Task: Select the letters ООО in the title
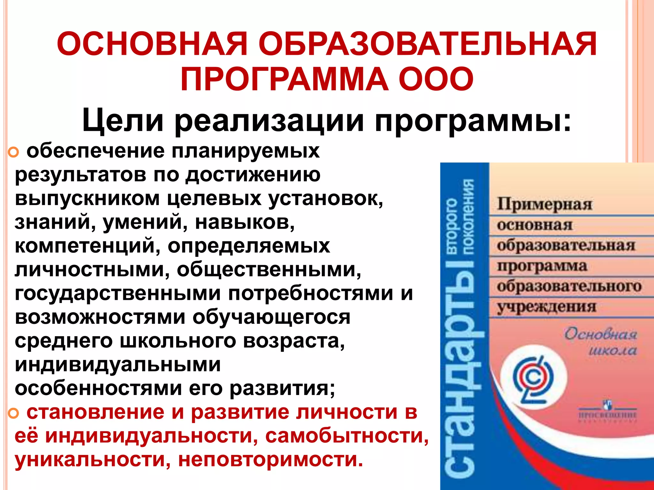tap(436, 79)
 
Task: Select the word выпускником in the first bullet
tap(87, 198)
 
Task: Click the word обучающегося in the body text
tap(271, 317)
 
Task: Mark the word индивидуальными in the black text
tap(118, 365)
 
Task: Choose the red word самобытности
tap(346, 436)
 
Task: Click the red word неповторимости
tap(270, 460)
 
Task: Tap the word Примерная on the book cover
tap(544, 204)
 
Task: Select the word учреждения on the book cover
tap(546, 307)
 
